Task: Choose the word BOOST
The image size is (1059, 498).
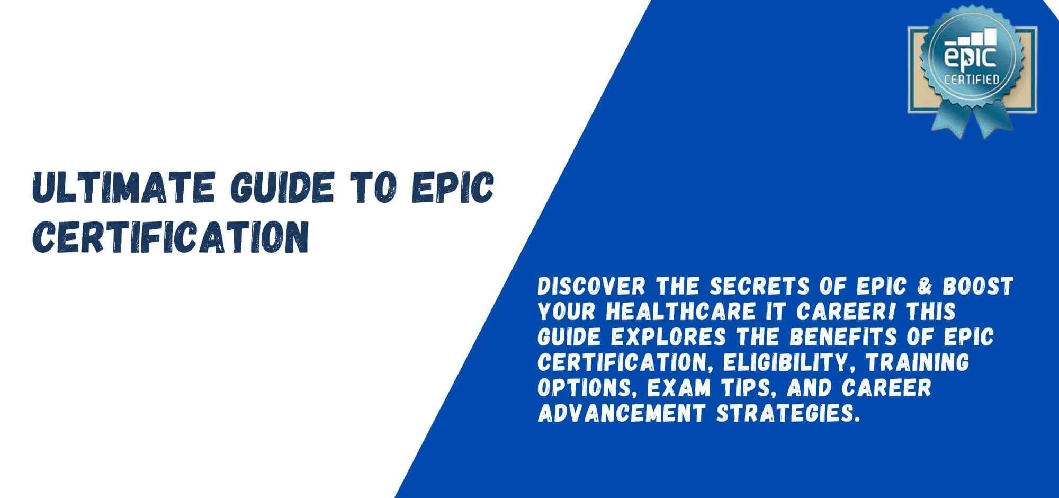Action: click(979, 287)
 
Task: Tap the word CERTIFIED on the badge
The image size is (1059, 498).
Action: click(972, 80)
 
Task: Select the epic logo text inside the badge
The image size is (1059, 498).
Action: click(971, 57)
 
